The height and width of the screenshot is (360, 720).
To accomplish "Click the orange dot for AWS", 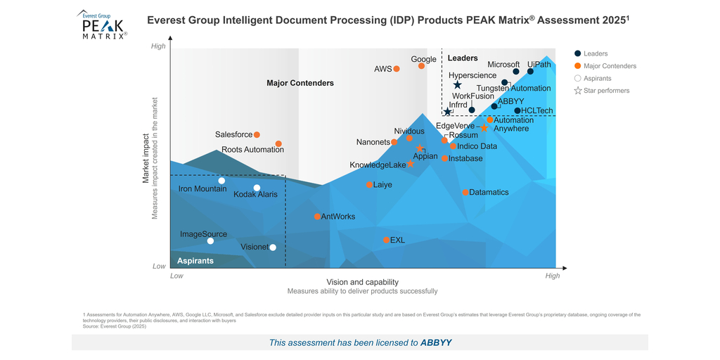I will (397, 69).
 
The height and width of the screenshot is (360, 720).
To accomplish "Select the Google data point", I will (422, 66).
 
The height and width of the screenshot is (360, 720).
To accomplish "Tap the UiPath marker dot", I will (530, 71).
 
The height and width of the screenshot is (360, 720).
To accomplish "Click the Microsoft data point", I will (516, 72).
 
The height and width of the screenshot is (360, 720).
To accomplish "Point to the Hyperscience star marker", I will (457, 85).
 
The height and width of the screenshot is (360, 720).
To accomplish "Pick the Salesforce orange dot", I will (257, 134).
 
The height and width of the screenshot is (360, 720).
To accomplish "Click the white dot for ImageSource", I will (210, 241).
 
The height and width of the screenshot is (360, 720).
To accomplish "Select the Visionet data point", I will (273, 247).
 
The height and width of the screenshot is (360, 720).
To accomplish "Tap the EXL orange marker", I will (387, 240).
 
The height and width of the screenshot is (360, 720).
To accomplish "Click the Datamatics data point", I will (465, 192).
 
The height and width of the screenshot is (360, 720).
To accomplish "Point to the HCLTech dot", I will (517, 110).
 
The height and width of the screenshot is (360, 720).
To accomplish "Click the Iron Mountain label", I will (202, 188).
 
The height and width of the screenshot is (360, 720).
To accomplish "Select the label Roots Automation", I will (252, 150).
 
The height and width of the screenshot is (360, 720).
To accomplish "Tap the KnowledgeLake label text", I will (378, 165).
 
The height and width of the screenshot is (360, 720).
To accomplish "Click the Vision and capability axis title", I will (362, 281).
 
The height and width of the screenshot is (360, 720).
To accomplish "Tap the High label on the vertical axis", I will (158, 46).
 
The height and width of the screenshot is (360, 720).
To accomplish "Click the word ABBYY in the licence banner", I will (436, 342).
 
